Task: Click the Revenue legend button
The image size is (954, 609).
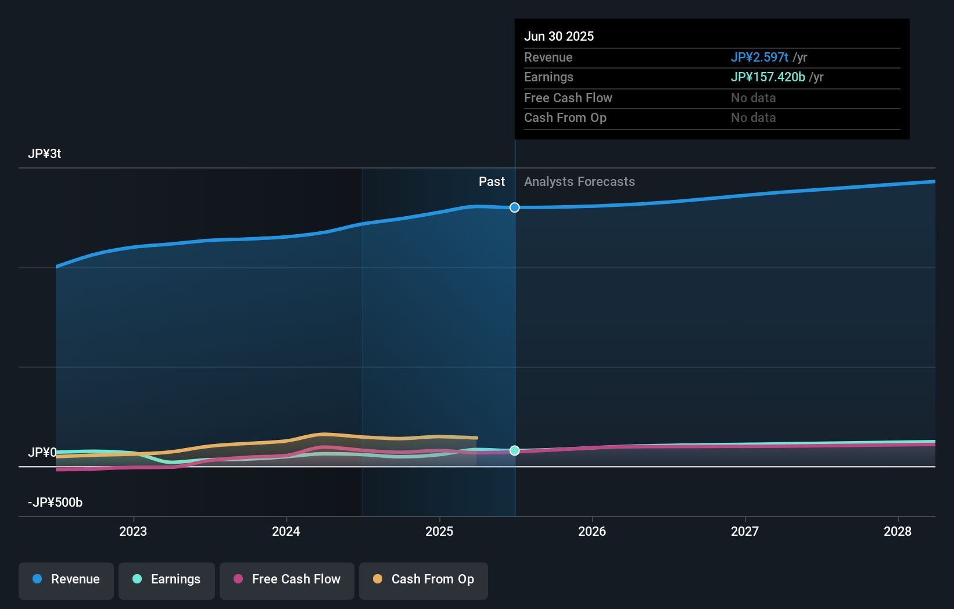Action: pos(66,579)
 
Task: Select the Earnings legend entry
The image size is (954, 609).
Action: pos(167,579)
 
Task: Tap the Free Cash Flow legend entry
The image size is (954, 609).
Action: pos(287,579)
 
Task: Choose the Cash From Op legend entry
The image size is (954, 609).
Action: pos(424,579)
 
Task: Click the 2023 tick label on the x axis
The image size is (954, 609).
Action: pos(133,531)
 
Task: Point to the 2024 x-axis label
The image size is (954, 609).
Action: pos(286,531)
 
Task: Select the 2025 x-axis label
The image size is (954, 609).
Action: pos(439,531)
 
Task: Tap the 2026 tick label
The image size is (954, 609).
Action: pos(592,531)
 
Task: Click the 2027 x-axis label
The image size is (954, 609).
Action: pos(745,531)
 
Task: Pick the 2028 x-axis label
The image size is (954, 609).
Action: pos(898,531)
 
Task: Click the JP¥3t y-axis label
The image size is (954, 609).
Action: pos(44,154)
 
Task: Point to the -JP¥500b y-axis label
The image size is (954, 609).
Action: pos(55,503)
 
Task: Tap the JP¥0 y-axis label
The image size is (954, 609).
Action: pos(42,452)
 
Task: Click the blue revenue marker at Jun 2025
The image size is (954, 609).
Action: pos(515,207)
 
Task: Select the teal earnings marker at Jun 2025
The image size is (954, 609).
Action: pos(515,450)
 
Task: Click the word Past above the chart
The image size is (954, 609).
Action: pos(492,182)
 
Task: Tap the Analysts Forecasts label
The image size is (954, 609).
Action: pos(579,182)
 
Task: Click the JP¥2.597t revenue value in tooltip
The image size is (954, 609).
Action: pos(759,58)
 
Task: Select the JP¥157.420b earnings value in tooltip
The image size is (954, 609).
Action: pos(767,77)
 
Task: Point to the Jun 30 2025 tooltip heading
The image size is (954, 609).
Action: pos(559,37)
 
